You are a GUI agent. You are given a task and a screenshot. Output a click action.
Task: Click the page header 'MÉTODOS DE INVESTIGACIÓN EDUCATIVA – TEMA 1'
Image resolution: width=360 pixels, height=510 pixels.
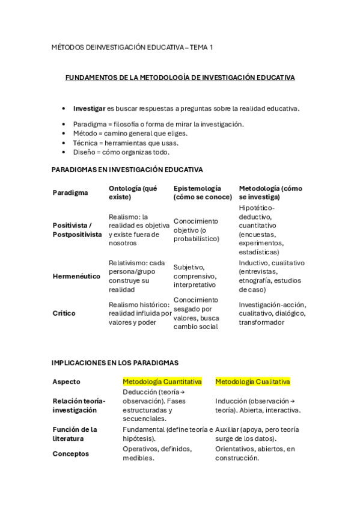click(x=132, y=47)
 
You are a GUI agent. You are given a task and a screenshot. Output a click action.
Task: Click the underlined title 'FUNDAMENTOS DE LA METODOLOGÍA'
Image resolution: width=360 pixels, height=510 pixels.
click(x=180, y=78)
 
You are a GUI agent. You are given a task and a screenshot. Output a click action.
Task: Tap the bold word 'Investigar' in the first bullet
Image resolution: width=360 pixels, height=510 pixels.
click(x=89, y=108)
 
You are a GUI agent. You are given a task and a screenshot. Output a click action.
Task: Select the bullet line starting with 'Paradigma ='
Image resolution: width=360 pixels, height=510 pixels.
click(x=158, y=124)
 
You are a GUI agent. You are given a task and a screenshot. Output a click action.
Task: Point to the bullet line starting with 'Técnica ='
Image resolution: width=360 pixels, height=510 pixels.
click(x=126, y=143)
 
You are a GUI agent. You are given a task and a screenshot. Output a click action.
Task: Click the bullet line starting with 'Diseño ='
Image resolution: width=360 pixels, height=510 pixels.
click(x=121, y=152)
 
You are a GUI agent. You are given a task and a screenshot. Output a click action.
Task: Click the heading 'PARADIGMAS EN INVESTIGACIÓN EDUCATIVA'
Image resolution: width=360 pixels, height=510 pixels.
click(x=127, y=170)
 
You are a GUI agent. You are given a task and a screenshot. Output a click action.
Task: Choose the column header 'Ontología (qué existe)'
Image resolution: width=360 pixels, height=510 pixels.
click(x=133, y=192)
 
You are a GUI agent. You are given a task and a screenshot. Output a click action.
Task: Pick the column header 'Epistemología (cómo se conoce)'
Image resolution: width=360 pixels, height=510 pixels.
click(x=202, y=192)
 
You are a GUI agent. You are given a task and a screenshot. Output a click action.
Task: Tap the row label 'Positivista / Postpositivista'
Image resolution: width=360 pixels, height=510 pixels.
click(x=77, y=230)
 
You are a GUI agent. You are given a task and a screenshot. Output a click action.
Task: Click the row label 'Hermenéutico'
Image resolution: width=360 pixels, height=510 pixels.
click(x=76, y=276)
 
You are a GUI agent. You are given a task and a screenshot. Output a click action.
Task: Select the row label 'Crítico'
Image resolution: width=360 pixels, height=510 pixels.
click(x=63, y=313)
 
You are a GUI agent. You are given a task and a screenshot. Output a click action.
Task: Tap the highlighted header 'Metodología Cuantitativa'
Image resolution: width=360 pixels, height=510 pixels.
click(x=162, y=381)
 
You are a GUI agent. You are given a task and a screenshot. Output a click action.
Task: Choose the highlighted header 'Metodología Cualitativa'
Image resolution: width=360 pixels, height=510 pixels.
click(x=252, y=381)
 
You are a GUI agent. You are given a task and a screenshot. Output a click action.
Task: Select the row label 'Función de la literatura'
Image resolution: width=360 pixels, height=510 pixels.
click(x=75, y=434)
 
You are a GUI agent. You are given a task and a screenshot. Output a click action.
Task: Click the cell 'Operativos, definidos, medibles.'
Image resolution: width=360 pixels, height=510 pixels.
click(x=157, y=453)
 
